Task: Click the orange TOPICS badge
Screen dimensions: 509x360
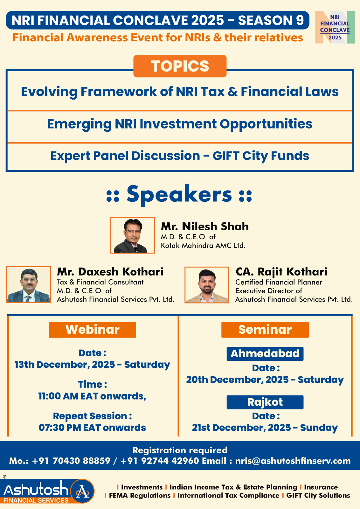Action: (x=180, y=66)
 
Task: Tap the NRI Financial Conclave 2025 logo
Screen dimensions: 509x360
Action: (x=335, y=27)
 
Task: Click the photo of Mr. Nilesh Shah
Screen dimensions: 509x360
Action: (x=132, y=235)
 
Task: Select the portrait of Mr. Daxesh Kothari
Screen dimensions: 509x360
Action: (x=29, y=284)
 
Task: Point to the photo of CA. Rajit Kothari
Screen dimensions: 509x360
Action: (x=207, y=285)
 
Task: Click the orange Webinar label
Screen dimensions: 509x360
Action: (x=92, y=330)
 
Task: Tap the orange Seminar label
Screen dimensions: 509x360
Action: (x=265, y=330)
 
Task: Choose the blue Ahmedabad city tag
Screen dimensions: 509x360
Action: (x=265, y=354)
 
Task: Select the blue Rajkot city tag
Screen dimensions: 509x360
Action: (x=265, y=402)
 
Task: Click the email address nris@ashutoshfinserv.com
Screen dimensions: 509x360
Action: (x=293, y=461)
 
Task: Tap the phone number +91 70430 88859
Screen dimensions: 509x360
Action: (x=71, y=461)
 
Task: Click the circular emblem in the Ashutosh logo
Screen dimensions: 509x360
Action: (x=82, y=491)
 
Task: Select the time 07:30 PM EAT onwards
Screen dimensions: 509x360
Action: (x=92, y=428)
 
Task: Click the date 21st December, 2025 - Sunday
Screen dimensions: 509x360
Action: (x=265, y=428)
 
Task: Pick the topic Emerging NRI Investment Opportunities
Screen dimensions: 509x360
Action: (x=180, y=124)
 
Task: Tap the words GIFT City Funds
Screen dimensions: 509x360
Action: (x=261, y=156)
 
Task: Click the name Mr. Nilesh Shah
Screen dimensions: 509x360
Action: (x=205, y=226)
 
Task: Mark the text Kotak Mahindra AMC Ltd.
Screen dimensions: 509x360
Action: (x=203, y=246)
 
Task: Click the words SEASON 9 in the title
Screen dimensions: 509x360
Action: (x=271, y=20)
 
